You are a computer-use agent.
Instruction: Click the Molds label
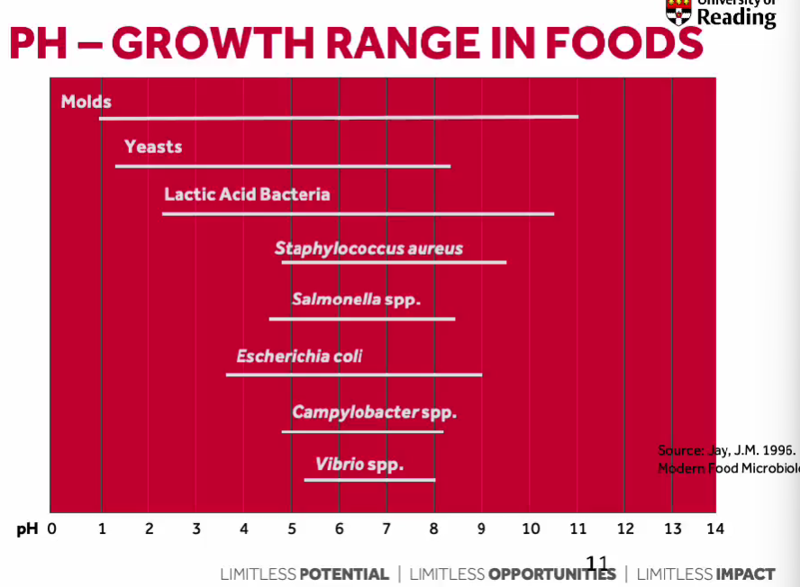(x=86, y=102)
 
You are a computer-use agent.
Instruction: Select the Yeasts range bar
(x=283, y=167)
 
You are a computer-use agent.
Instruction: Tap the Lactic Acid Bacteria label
(x=247, y=194)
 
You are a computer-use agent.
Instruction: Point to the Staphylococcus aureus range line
(x=394, y=262)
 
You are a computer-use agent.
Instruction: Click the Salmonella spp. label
(x=356, y=300)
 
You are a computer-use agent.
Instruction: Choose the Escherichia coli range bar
(x=354, y=375)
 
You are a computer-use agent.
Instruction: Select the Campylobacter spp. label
(x=374, y=413)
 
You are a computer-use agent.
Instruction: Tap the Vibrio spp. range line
(x=369, y=480)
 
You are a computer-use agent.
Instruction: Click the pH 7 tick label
(x=386, y=529)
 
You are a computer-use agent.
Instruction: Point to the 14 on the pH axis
(x=715, y=529)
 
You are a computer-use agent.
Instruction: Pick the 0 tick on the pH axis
(x=52, y=529)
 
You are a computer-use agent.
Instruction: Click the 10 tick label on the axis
(x=531, y=529)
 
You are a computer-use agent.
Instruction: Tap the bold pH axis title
(x=28, y=529)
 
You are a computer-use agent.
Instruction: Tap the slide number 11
(x=597, y=564)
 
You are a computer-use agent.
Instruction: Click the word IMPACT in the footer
(x=745, y=574)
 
